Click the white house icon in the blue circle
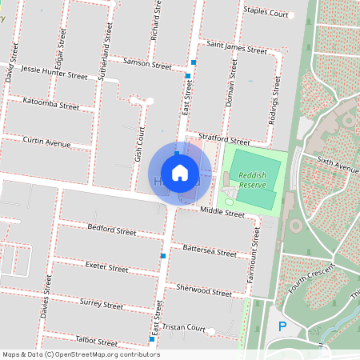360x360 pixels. coord(180,173)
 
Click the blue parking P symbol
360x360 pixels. coord(282,326)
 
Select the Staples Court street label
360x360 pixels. coord(266,14)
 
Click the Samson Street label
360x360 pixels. coord(147,64)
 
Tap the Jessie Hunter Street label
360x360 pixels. coord(54,73)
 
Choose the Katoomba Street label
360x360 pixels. coord(51,105)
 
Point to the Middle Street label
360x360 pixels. coord(222,213)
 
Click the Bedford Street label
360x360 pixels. coord(112,230)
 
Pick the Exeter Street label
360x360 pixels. coord(106,268)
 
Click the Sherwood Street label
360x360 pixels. coord(204,291)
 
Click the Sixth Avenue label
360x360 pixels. coord(338,166)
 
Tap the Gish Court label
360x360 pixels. coord(138,144)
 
